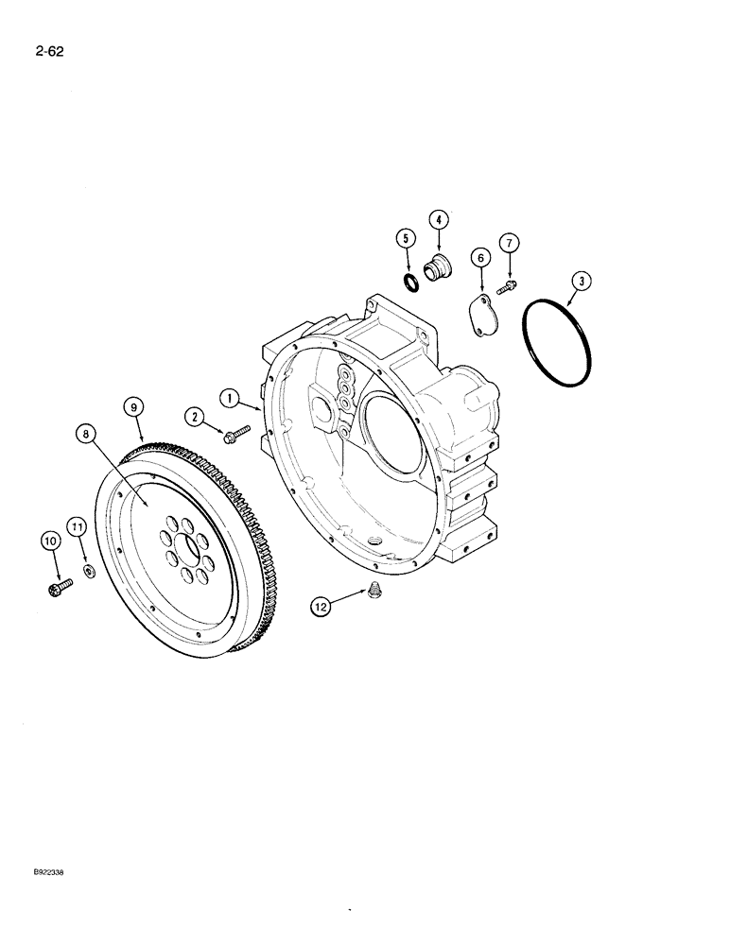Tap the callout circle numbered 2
195,416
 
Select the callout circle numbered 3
582,281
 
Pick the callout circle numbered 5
405,237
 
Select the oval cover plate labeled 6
485,317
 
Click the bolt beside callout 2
235,434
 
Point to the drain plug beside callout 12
375,592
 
